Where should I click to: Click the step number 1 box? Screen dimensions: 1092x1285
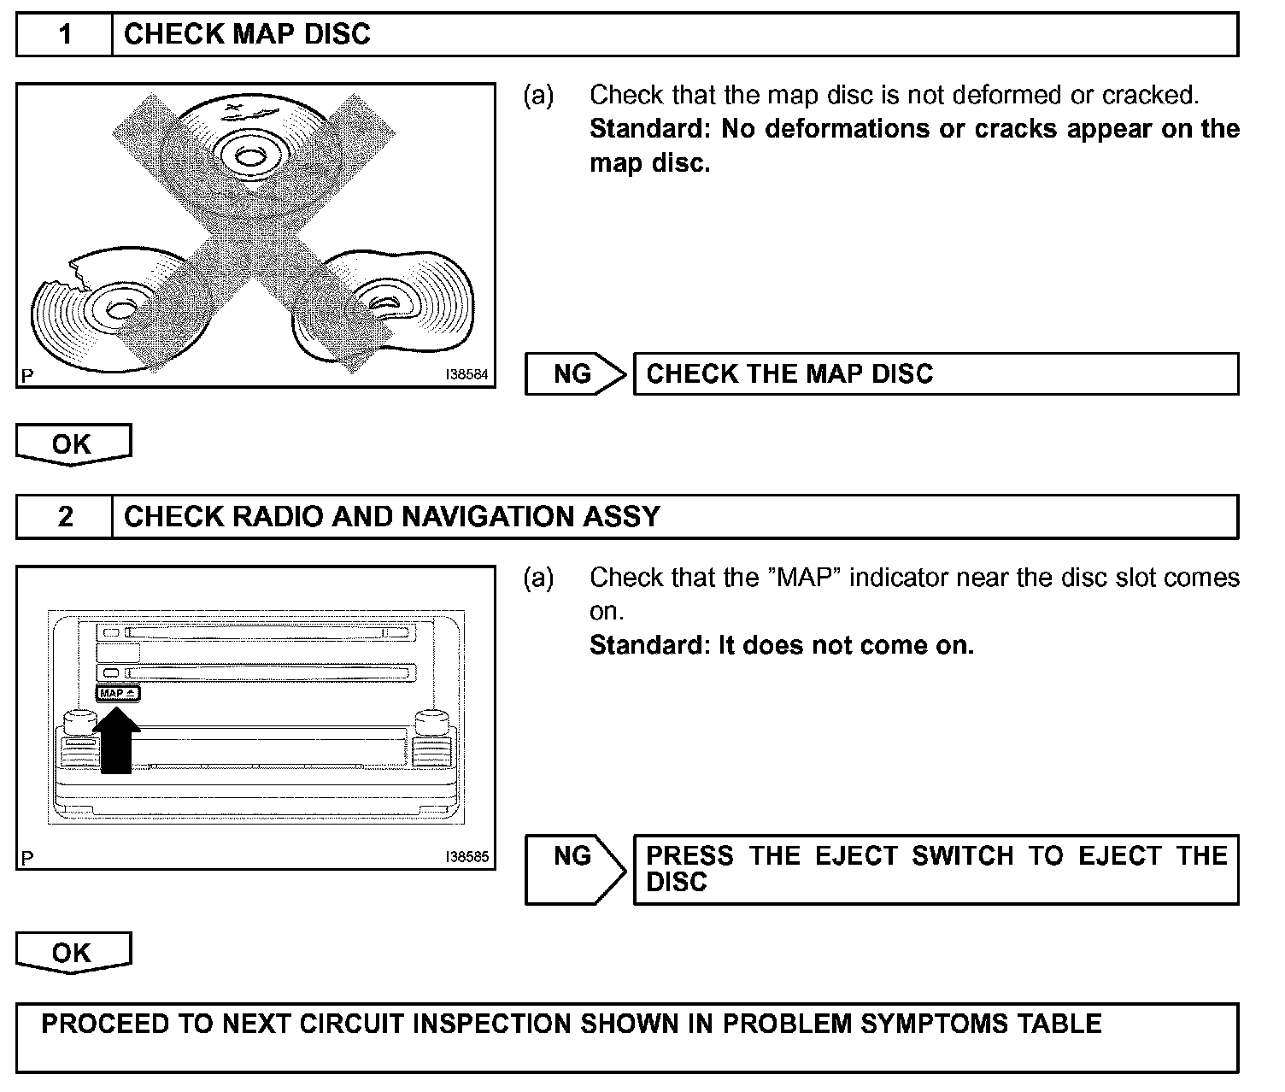tap(65, 35)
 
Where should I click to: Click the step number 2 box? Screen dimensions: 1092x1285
tap(65, 517)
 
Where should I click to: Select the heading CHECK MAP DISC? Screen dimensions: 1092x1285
tap(247, 35)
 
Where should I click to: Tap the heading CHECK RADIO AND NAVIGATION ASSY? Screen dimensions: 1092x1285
tap(391, 517)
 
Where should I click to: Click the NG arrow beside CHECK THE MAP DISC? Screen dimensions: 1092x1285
tap(575, 374)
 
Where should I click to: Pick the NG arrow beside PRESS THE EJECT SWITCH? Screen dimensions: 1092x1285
tap(575, 868)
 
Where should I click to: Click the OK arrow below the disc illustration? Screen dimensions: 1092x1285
tap(73, 444)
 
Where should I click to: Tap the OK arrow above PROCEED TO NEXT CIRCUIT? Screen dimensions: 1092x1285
tap(73, 953)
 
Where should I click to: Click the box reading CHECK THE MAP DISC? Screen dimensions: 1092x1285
tap(935, 374)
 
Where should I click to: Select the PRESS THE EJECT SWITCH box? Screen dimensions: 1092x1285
tap(935, 869)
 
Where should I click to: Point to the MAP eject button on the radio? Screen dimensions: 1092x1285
tap(117, 694)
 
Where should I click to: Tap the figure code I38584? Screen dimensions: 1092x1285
tap(467, 374)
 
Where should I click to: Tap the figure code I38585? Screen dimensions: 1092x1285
tap(467, 856)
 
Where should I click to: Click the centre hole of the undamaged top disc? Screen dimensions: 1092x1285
tap(249, 156)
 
